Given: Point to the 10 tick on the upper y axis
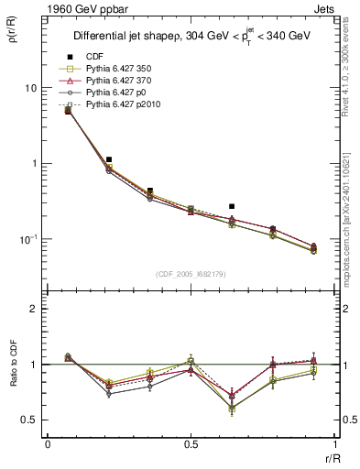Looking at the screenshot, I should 30,88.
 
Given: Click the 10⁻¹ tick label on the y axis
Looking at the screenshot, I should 28,239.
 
